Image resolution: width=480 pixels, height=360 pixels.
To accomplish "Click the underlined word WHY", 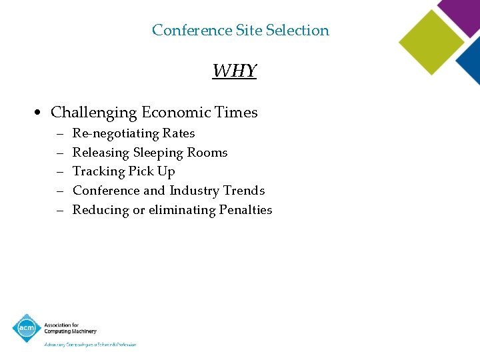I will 235,71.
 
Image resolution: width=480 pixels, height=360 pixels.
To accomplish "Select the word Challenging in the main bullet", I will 93,112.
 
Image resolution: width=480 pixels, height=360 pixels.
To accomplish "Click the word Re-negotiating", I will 115,133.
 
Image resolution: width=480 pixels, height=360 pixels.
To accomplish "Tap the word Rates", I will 179,133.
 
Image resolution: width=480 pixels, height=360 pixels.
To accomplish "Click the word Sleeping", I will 158,153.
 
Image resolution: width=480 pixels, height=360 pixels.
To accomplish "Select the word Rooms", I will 207,153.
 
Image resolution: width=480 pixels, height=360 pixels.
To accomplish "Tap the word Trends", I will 244,191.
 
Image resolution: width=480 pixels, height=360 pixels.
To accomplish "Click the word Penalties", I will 246,210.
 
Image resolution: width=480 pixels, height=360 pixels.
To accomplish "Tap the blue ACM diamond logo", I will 27,328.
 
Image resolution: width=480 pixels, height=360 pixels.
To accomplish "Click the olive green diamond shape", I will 431,42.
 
